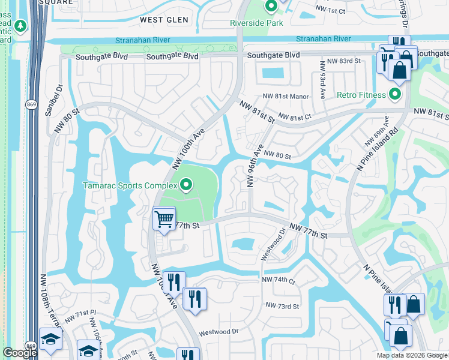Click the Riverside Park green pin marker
point(270,7)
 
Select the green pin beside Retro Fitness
point(395,95)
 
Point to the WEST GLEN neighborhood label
point(164,20)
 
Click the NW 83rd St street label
point(340,61)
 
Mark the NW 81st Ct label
point(295,117)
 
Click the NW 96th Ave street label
point(255,157)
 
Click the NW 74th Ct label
point(279,280)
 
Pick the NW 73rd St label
point(282,307)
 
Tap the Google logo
point(20,353)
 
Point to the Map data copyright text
point(411,355)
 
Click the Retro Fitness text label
point(360,95)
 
